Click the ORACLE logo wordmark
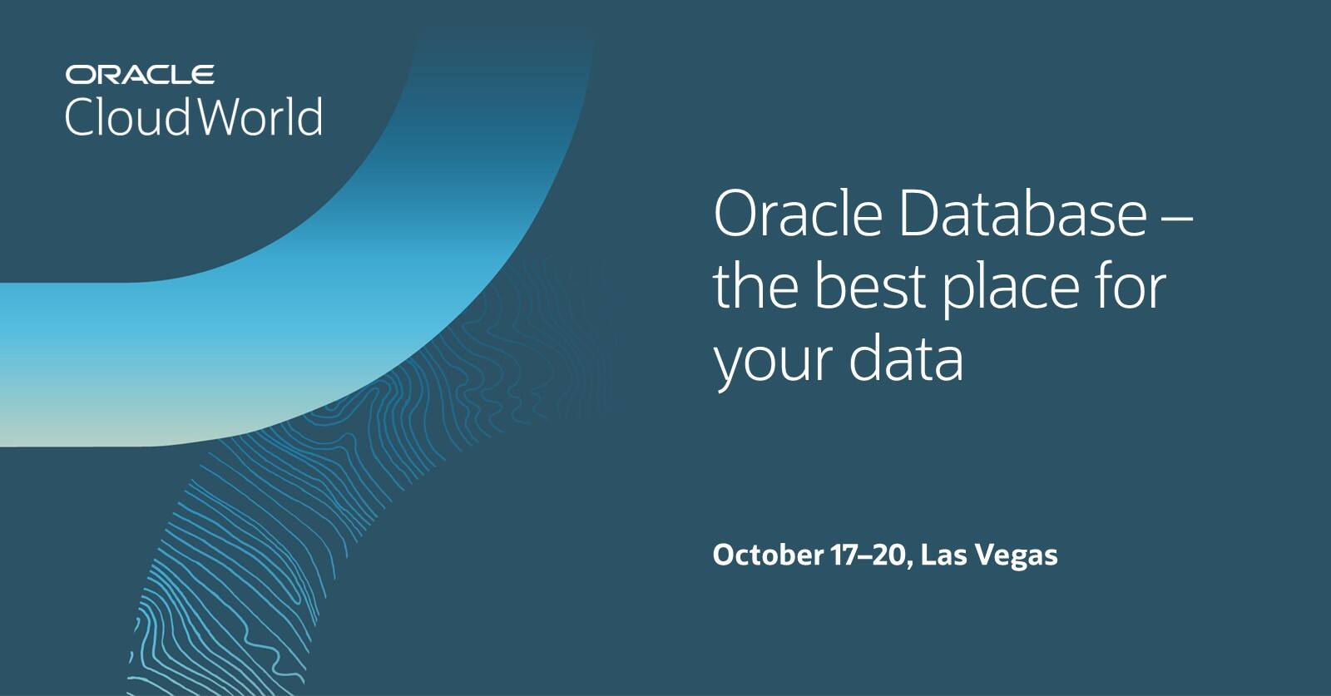[140, 75]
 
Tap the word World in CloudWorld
[260, 116]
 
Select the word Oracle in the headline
[797, 214]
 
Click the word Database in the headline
[1022, 214]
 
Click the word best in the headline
[869, 286]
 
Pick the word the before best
[756, 286]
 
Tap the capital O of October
[724, 555]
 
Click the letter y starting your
[729, 366]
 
